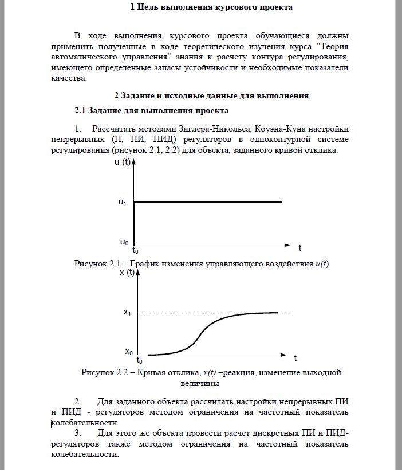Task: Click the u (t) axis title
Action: coord(121,162)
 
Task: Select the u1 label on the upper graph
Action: coord(122,202)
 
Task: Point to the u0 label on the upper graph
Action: coord(124,242)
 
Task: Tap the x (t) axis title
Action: coord(127,273)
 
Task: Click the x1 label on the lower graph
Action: coord(127,313)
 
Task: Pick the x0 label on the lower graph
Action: coord(129,352)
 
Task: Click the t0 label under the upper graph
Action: coord(136,250)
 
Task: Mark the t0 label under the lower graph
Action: coord(139,361)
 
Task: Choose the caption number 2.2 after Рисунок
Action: coord(122,373)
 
